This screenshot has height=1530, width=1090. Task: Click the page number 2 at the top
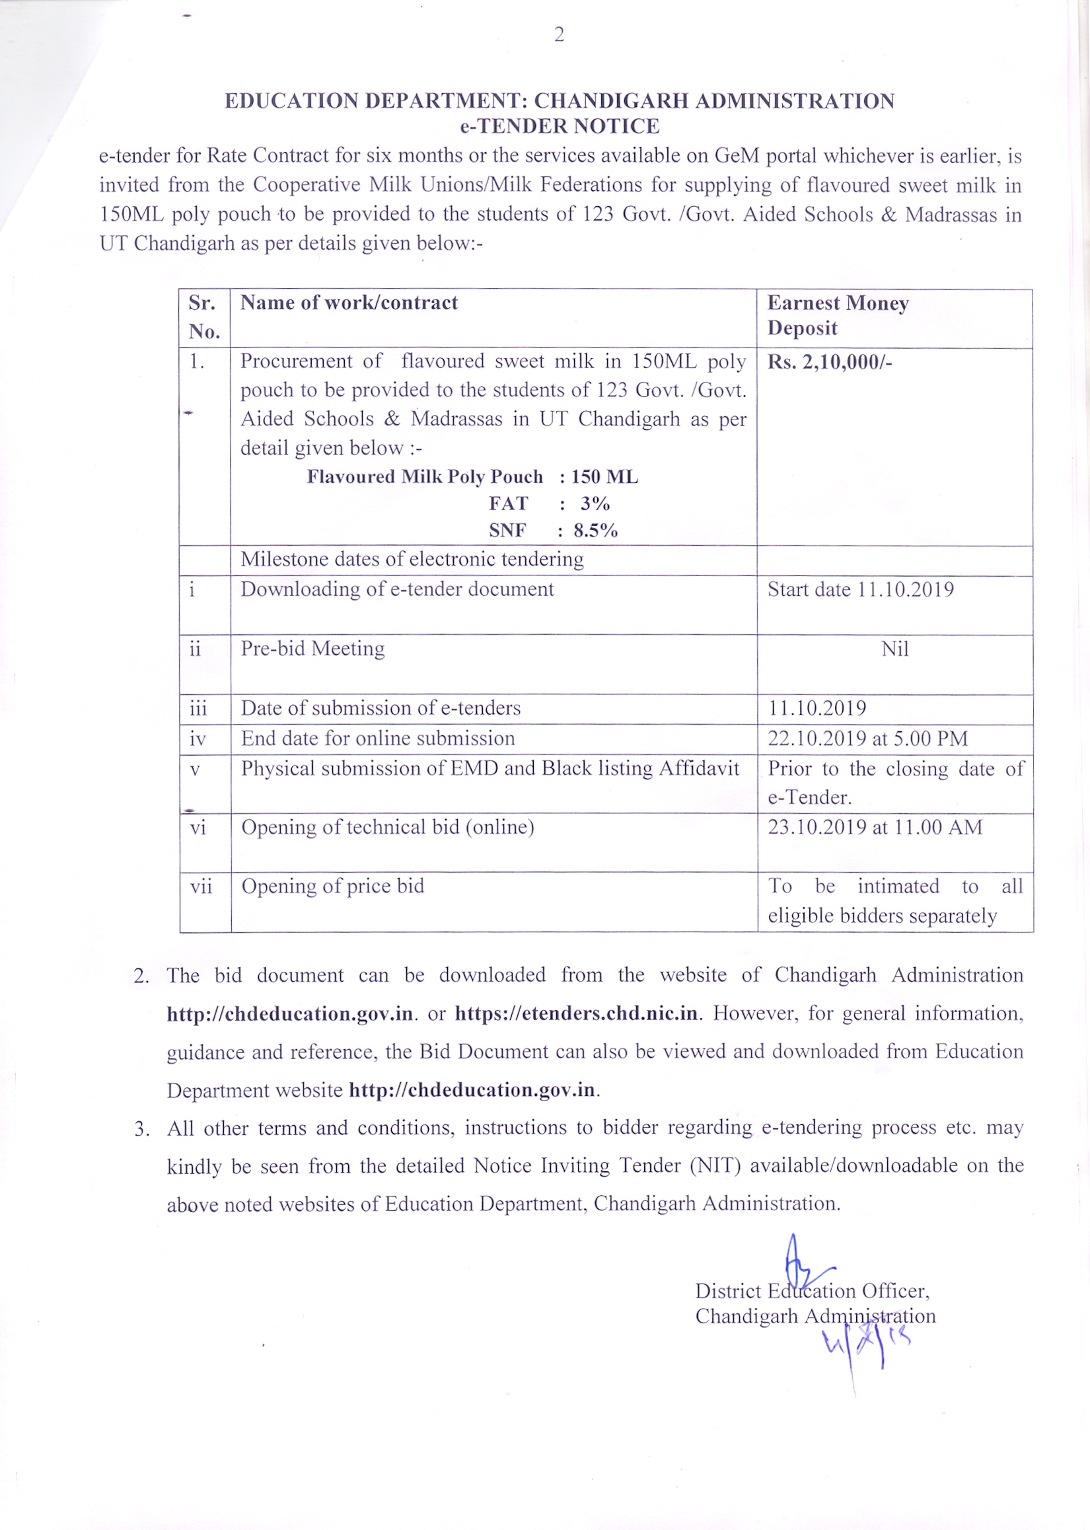pos(559,35)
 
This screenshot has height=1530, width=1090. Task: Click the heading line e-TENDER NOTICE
pos(559,126)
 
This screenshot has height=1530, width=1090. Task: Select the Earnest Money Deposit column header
pos(838,315)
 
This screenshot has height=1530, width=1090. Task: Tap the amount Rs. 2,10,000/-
pos(830,363)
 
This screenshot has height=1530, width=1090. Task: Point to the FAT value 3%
pos(595,503)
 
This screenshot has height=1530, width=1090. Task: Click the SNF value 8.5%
pos(595,530)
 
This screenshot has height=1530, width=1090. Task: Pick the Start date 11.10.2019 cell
pos(861,589)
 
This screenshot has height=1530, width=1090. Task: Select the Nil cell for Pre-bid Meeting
pos(894,649)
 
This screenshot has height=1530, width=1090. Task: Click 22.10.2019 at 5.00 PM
pos(868,738)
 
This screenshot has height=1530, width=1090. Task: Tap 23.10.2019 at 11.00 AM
pos(875,826)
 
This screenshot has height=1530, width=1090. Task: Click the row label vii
pos(201,887)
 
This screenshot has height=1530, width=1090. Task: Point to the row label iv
pos(198,739)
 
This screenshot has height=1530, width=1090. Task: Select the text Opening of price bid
pos(333,886)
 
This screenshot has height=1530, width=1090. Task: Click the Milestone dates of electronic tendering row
pos(412,559)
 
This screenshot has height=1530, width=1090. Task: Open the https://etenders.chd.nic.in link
pos(577,1013)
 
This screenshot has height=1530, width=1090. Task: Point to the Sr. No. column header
pos(204,316)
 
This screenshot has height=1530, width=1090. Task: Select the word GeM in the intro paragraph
pos(737,156)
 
